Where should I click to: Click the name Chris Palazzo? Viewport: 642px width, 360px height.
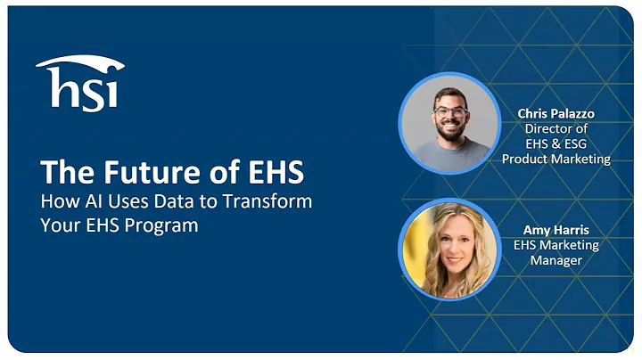[556, 113]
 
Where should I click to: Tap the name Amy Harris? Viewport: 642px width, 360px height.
[556, 230]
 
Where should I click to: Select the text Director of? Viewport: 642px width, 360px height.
[556, 128]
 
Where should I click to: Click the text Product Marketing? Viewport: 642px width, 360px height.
[556, 159]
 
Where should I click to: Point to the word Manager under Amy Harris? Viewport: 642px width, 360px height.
[556, 260]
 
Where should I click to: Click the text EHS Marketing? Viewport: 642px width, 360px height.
[556, 245]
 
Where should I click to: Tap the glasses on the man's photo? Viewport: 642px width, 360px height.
[450, 110]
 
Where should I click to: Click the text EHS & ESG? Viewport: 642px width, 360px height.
[556, 143]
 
